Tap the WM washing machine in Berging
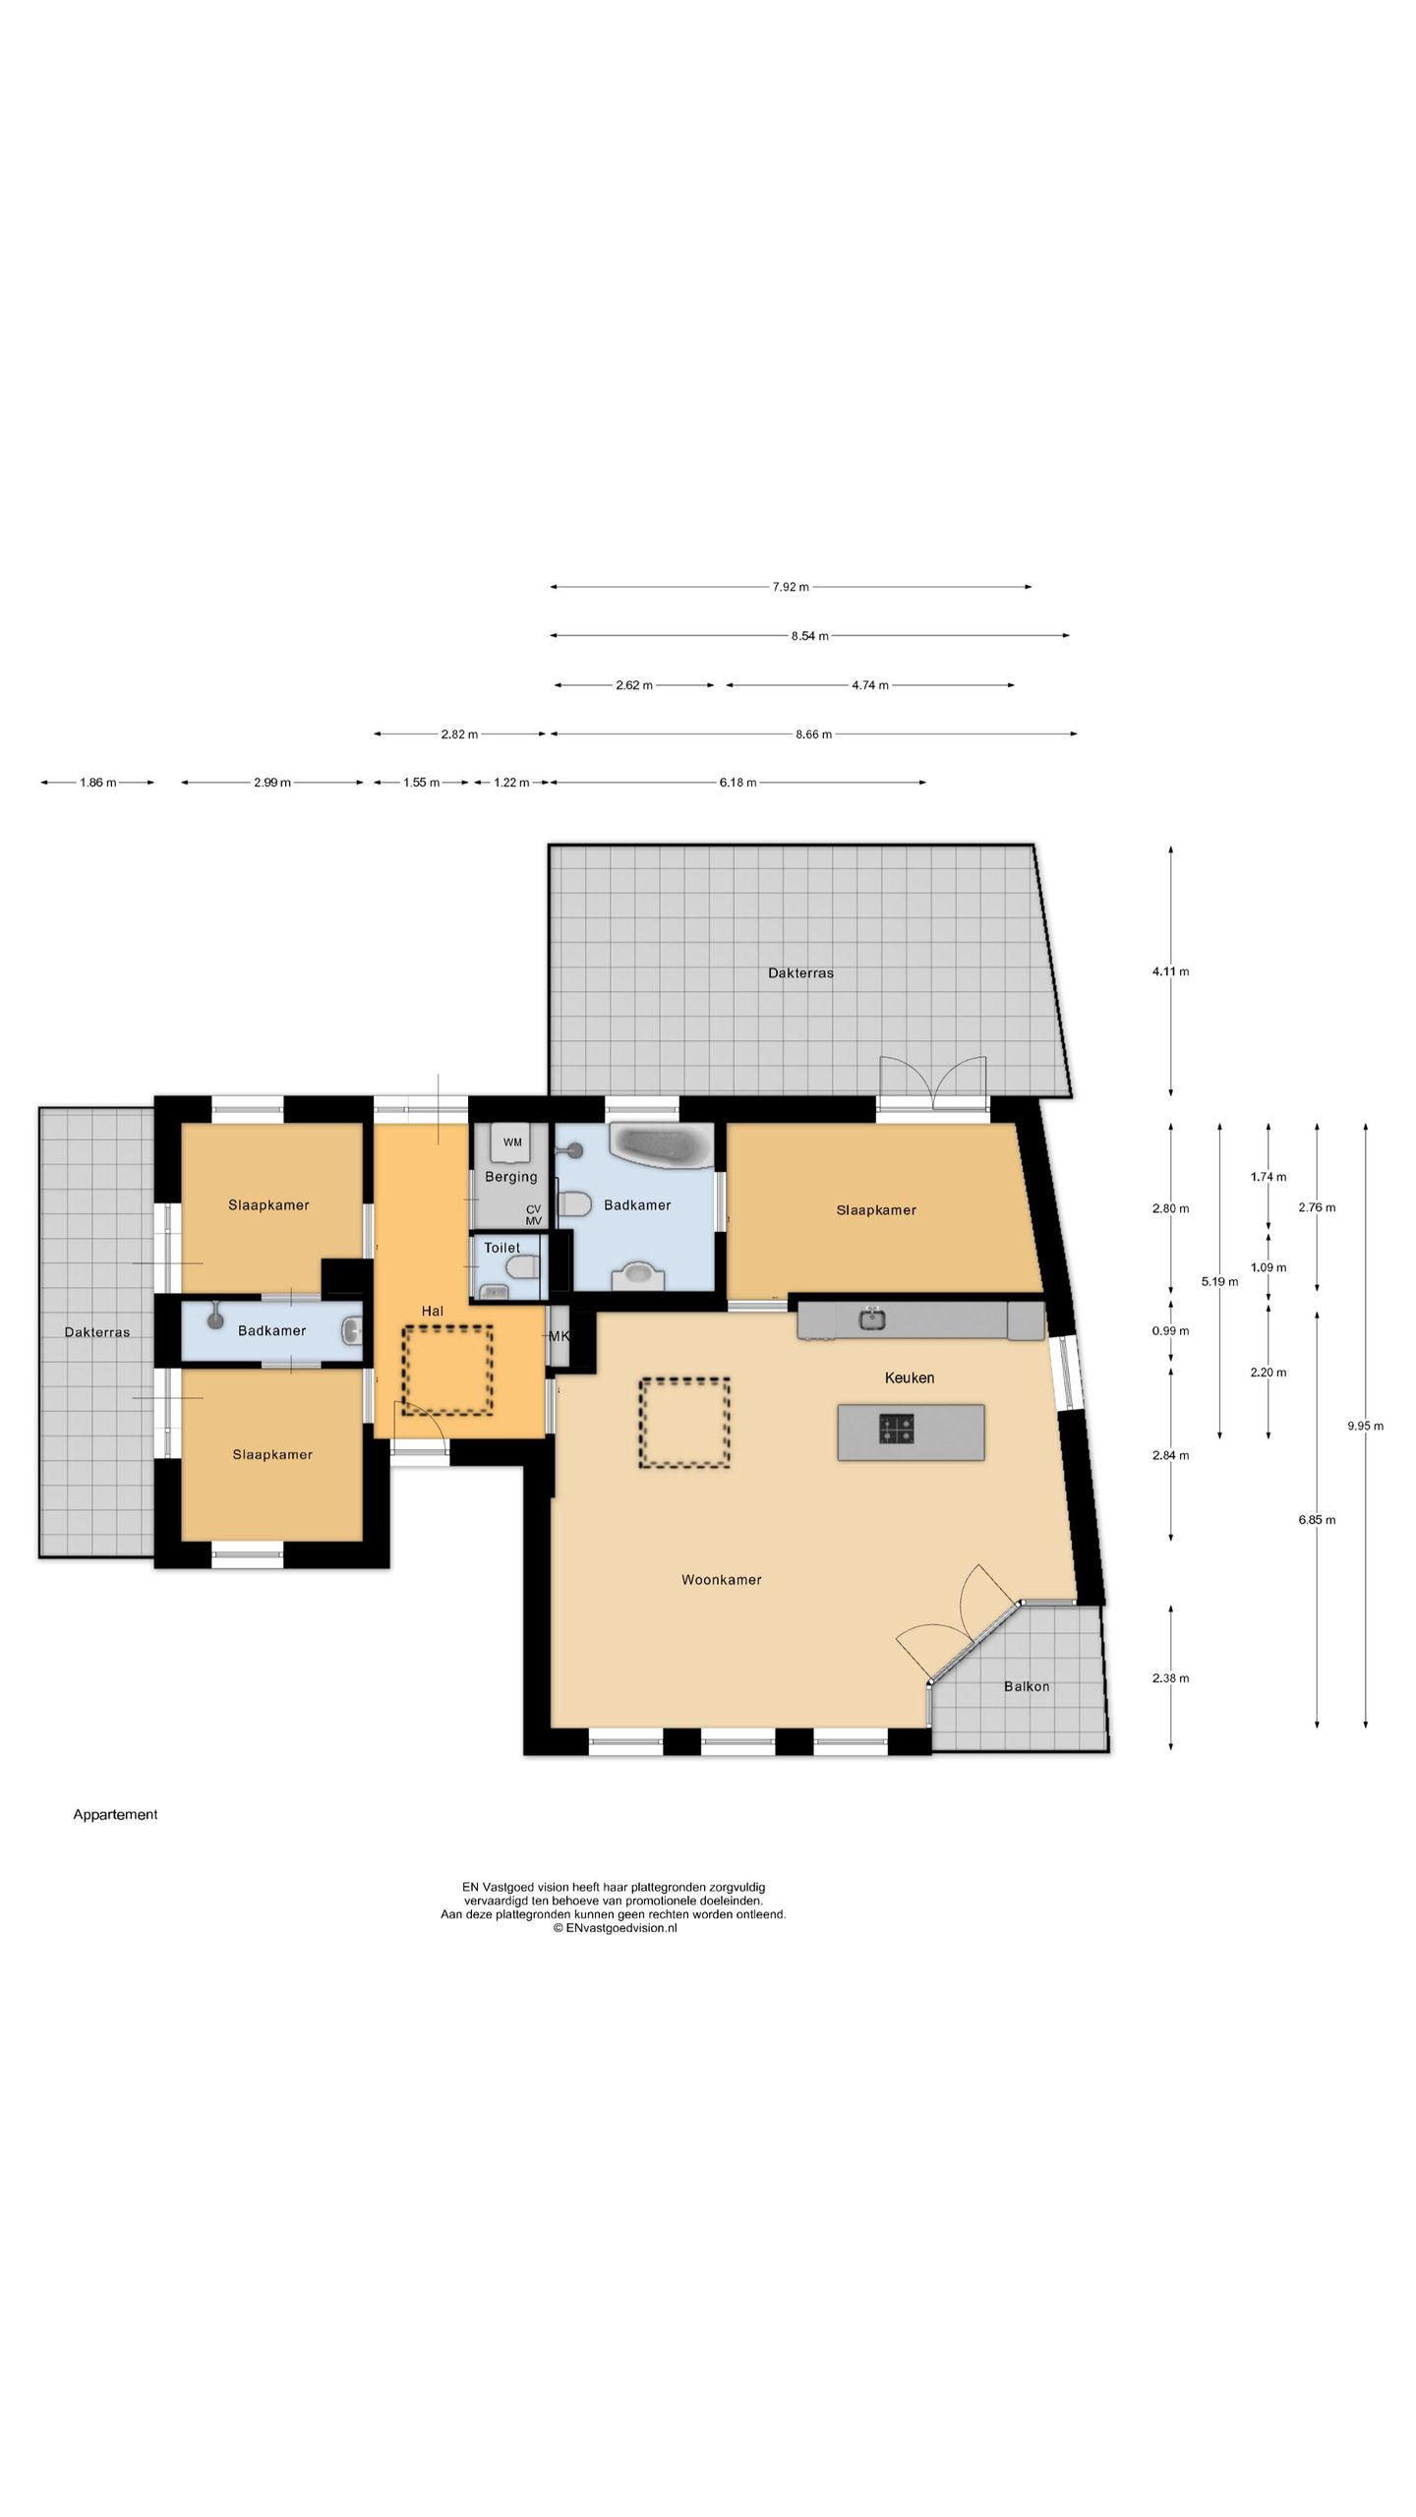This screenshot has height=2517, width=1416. (512, 1142)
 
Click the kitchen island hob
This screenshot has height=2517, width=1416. (896, 1428)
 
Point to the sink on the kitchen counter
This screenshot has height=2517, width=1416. (871, 1317)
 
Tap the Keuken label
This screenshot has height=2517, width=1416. (910, 1377)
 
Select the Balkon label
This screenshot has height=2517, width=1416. (1027, 1686)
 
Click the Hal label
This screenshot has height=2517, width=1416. (433, 1311)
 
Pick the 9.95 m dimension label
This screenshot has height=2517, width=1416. (1365, 1426)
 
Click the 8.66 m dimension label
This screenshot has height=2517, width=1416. (813, 734)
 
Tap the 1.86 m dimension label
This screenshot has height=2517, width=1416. (98, 783)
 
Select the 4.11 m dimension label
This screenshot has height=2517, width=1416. (1170, 971)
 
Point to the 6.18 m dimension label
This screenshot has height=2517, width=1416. (737, 783)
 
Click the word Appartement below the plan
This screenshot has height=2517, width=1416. (115, 1814)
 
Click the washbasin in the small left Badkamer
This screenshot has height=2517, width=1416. (351, 1331)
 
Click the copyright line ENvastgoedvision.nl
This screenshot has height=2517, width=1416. (615, 1928)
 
